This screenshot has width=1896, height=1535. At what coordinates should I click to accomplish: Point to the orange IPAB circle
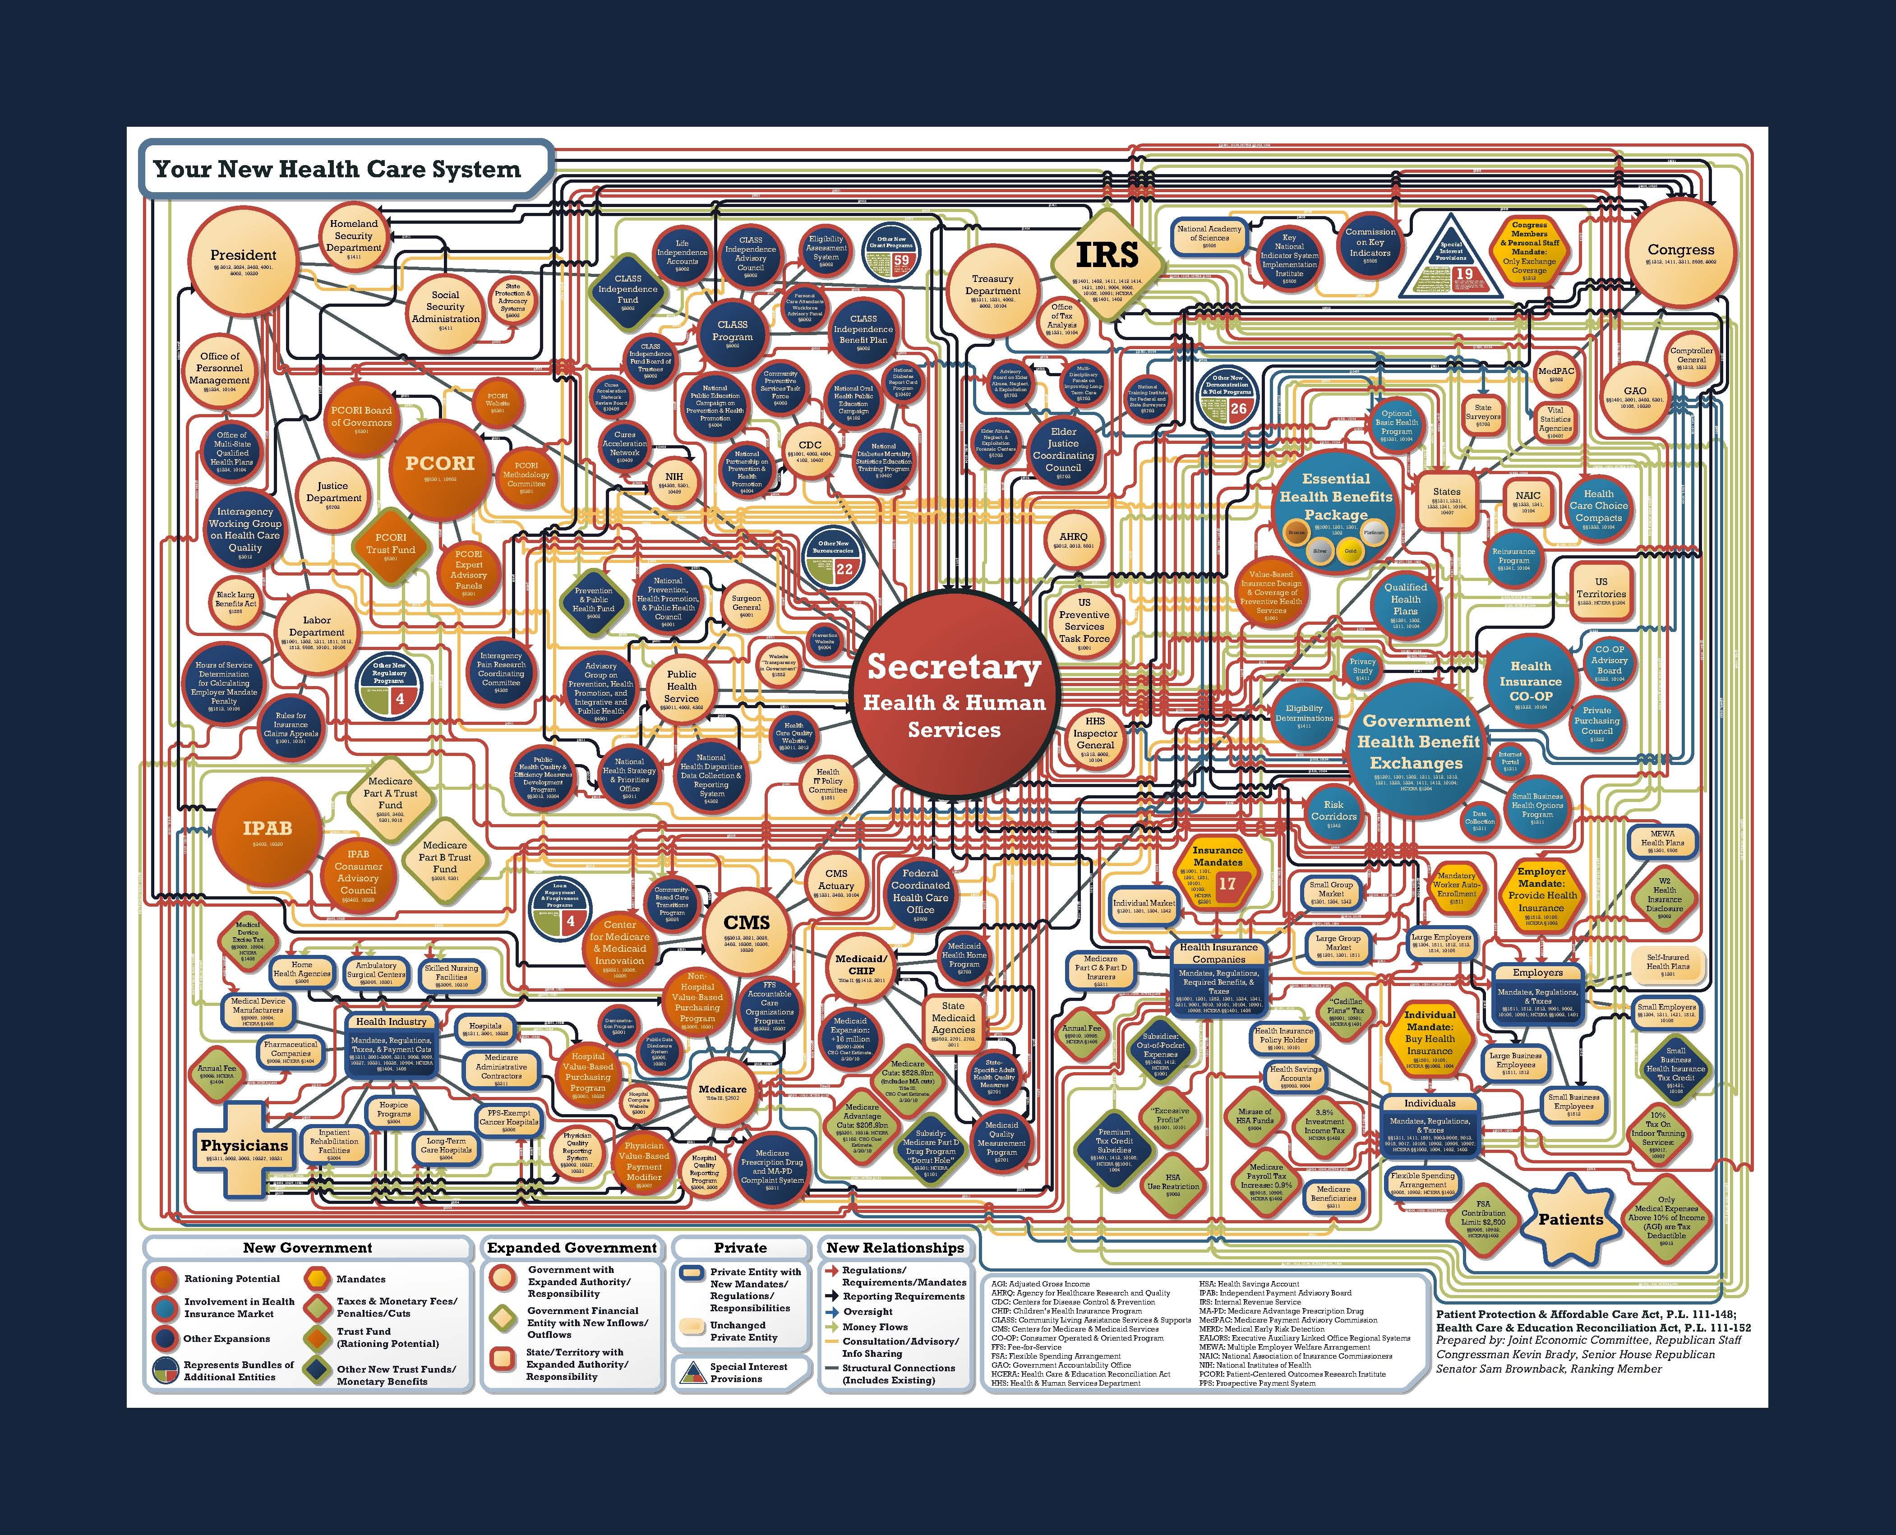pyautogui.click(x=267, y=829)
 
